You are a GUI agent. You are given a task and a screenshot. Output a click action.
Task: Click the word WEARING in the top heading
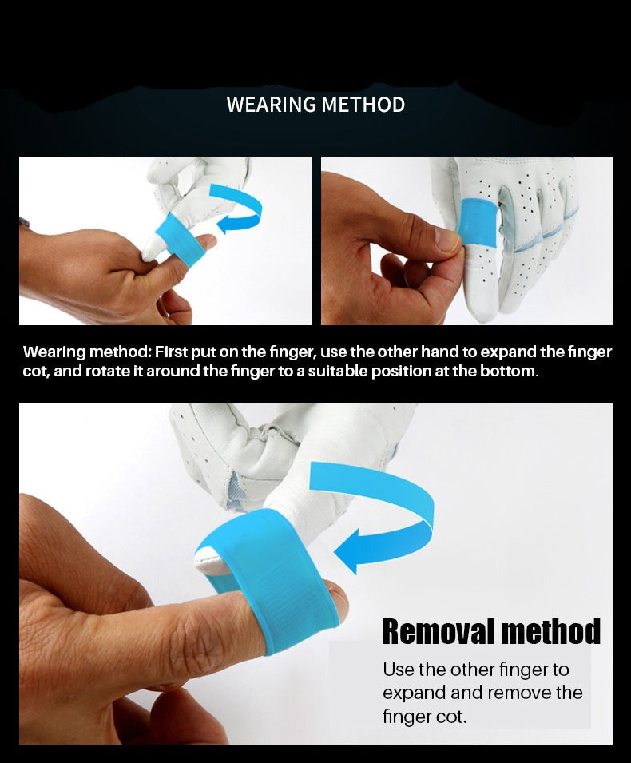coord(270,105)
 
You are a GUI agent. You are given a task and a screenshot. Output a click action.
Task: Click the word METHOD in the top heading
coord(363,105)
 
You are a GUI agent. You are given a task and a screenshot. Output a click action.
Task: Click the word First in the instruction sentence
coord(171,352)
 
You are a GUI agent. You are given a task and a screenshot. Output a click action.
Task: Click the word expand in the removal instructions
coord(409,693)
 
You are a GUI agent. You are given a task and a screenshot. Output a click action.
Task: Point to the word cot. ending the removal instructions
coord(449,717)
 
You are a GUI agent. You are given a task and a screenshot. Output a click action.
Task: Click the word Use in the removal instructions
coord(398,670)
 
